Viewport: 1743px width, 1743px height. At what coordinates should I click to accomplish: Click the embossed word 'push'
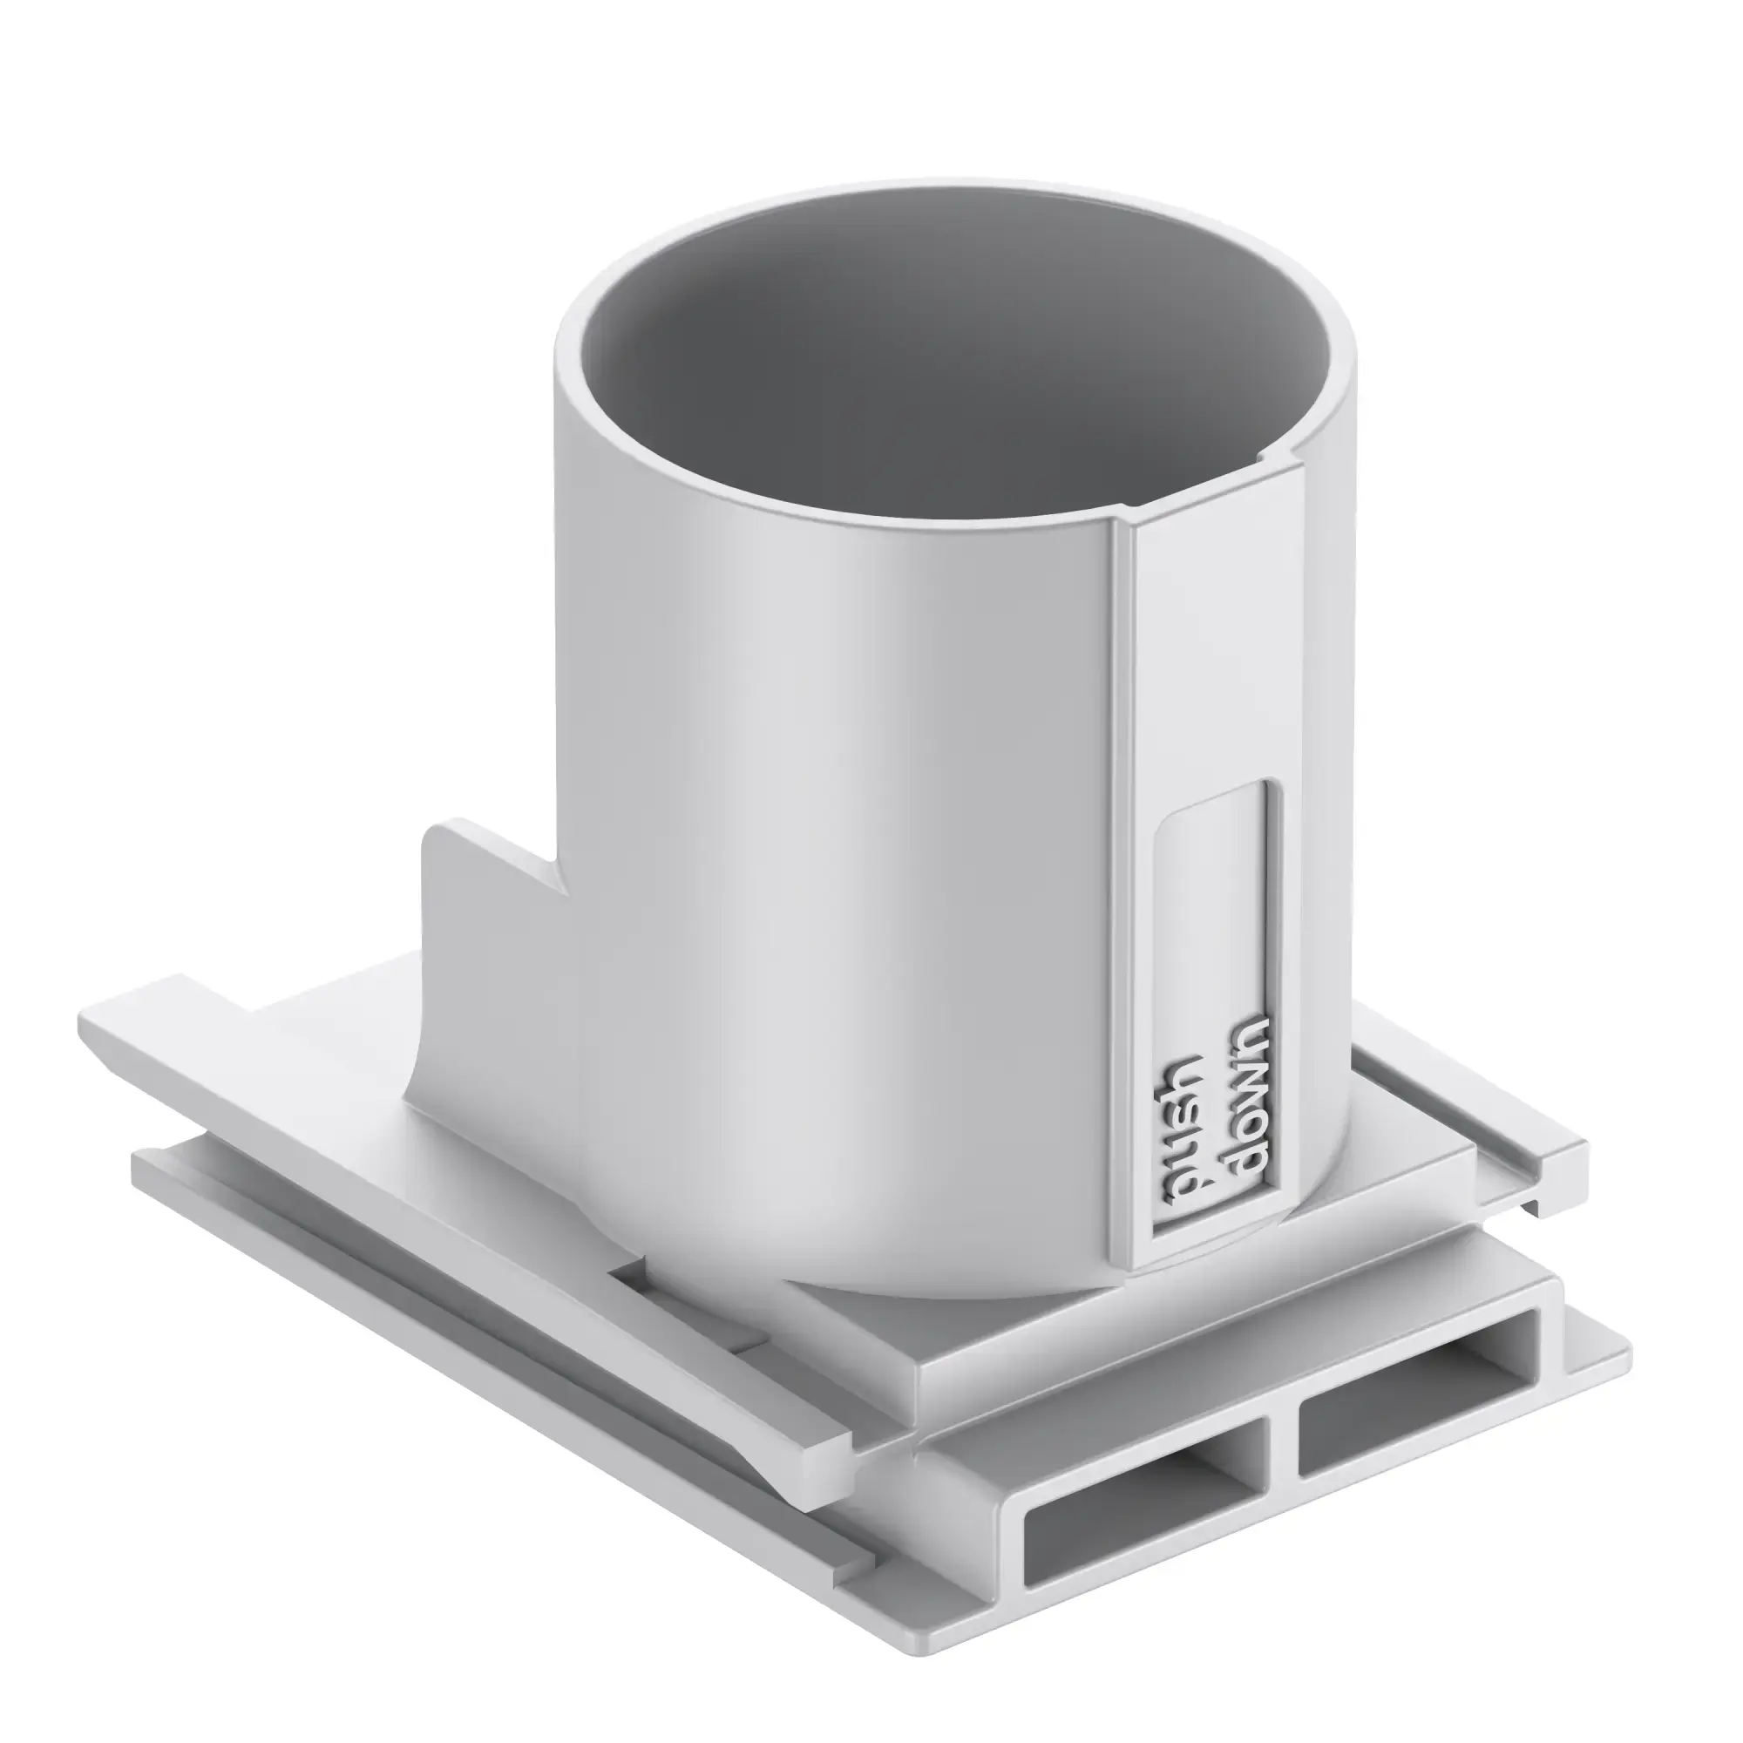tap(1183, 1132)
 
